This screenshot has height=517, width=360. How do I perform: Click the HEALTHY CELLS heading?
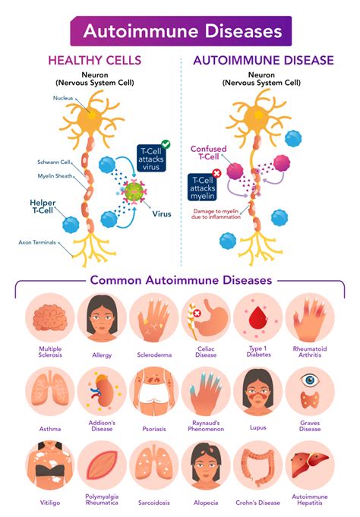tap(95, 59)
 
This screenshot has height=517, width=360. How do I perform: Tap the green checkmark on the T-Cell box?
tap(166, 143)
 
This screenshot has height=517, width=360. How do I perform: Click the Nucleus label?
tap(63, 98)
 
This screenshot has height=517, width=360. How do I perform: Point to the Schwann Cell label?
tap(55, 162)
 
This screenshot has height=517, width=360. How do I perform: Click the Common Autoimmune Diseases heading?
tap(181, 280)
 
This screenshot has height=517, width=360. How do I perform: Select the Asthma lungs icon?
tap(50, 391)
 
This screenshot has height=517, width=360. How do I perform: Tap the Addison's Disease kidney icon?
tap(102, 391)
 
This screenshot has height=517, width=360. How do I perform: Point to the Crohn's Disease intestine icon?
tap(257, 465)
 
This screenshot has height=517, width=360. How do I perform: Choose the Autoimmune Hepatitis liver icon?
tap(309, 465)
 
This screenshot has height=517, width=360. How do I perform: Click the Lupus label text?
tap(257, 428)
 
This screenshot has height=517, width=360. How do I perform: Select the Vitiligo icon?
tap(50, 465)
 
